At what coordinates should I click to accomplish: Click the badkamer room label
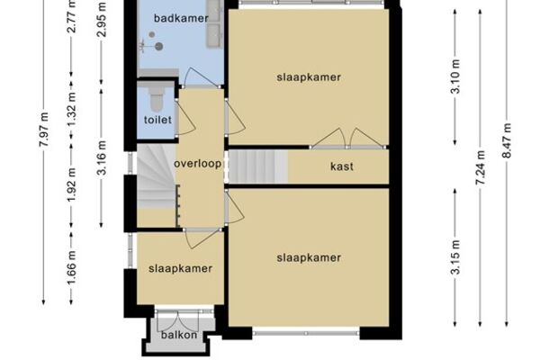(x=181, y=18)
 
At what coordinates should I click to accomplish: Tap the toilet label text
(x=157, y=120)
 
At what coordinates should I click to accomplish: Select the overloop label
(x=198, y=163)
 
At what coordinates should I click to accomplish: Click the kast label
(x=342, y=166)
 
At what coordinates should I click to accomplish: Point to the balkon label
(x=179, y=335)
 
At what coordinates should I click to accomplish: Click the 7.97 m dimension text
(x=44, y=130)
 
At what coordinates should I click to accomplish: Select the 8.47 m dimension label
(x=507, y=140)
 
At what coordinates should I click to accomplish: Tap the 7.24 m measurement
(x=480, y=167)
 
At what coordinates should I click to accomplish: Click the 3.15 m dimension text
(x=455, y=257)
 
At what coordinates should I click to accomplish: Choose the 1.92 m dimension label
(x=71, y=185)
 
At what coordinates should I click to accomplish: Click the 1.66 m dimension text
(x=71, y=268)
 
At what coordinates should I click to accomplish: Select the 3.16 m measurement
(x=101, y=157)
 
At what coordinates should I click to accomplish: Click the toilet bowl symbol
(x=157, y=99)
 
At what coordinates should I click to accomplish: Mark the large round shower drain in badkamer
(x=158, y=46)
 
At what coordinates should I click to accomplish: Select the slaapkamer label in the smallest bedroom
(x=180, y=268)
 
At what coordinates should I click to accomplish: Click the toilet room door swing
(x=186, y=118)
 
